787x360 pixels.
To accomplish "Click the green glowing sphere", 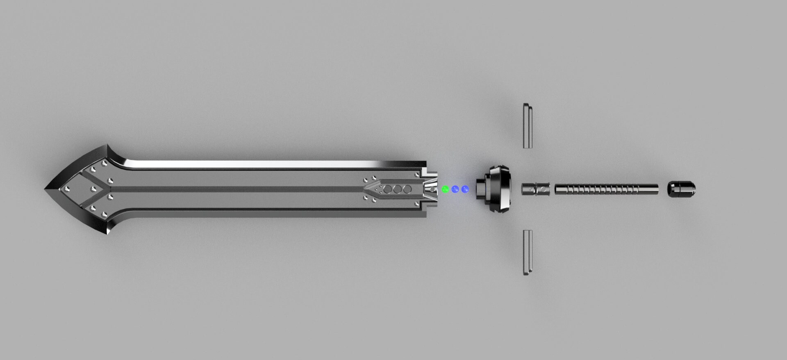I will (445, 189).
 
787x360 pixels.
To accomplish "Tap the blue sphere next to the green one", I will (455, 189).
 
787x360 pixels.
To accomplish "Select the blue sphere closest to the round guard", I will (465, 189).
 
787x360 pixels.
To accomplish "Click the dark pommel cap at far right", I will (681, 189).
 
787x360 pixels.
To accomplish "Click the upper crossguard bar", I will (528, 126).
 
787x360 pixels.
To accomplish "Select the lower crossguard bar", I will (528, 252).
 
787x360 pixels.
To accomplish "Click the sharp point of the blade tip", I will (45, 189).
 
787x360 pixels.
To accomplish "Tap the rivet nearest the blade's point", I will (67, 189).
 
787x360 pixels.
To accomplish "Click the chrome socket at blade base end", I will (430, 189).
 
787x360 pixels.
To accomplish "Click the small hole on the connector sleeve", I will (543, 189).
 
